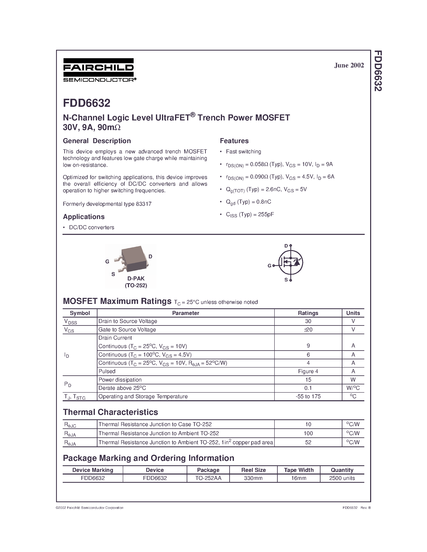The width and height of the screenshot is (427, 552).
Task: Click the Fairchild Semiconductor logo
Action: pos(99,70)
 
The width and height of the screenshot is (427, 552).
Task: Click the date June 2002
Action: pos(349,65)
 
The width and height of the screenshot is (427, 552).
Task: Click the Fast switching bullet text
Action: pos(243,152)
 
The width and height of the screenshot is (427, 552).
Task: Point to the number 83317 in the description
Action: pos(143,204)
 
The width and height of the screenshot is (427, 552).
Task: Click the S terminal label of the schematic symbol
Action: pos(286,280)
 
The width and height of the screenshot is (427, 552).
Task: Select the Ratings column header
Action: pos(308,313)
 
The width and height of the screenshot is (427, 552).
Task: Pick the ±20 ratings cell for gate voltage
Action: pos(308,330)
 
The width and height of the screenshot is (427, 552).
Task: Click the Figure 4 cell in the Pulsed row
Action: pos(308,371)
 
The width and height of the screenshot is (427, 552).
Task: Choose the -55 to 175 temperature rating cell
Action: pos(308,396)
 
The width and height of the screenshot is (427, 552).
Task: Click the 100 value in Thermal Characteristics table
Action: pos(308,433)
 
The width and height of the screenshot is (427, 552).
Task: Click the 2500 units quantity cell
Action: pos(342,478)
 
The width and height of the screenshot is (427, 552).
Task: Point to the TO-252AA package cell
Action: pos(208,478)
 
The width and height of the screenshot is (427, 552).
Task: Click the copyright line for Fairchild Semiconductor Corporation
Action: pos(90,508)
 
